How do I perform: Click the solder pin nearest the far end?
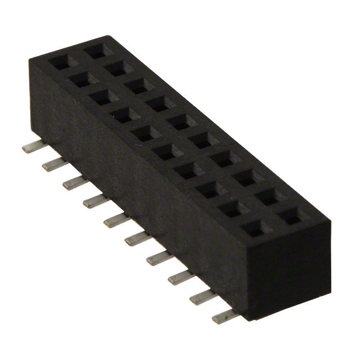[x=30, y=147]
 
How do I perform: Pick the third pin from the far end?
[x=72, y=182]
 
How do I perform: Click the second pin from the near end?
[x=198, y=298]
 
